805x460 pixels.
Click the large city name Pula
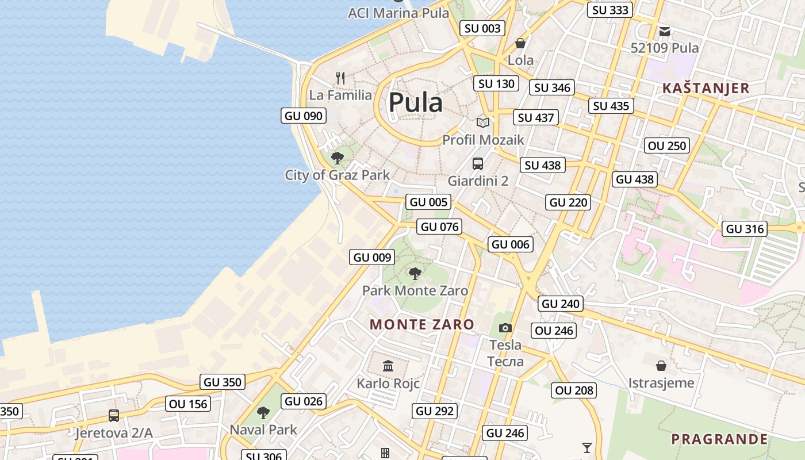coord(415,103)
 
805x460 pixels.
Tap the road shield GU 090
coord(304,116)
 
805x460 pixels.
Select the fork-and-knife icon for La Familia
coord(340,78)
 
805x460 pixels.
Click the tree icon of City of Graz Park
coord(338,158)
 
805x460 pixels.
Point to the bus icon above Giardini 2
coord(478,164)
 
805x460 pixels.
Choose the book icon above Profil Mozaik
coord(483,122)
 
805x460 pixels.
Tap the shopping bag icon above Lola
coord(520,43)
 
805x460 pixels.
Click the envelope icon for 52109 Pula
coord(665,31)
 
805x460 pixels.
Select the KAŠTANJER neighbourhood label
coord(706,88)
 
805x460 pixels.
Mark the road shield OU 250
coord(667,145)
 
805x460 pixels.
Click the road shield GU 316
coord(745,229)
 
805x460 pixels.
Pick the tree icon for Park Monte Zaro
coord(415,274)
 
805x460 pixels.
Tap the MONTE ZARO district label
coord(421,324)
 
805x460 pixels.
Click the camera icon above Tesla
coord(505,328)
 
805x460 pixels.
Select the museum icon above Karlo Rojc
coord(388,366)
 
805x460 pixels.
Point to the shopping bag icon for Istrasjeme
coord(661,365)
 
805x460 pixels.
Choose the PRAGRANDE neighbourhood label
coord(719,439)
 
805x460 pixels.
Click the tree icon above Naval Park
coord(263,412)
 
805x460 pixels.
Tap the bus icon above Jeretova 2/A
coord(114,415)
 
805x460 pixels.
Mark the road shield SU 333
coord(610,10)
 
